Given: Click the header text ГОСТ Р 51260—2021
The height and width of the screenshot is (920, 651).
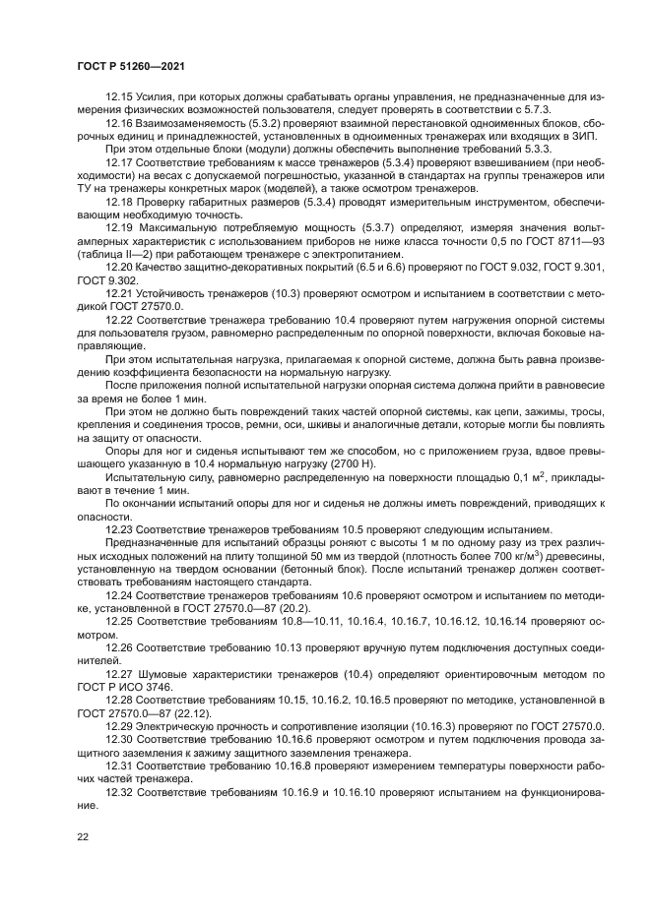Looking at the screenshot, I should point(131,66).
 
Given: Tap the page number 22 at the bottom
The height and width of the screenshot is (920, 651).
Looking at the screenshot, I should point(83,834).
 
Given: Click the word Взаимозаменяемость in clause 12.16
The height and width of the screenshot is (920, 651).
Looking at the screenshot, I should point(193,124).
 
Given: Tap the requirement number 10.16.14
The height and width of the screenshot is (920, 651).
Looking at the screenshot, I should point(510,623).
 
